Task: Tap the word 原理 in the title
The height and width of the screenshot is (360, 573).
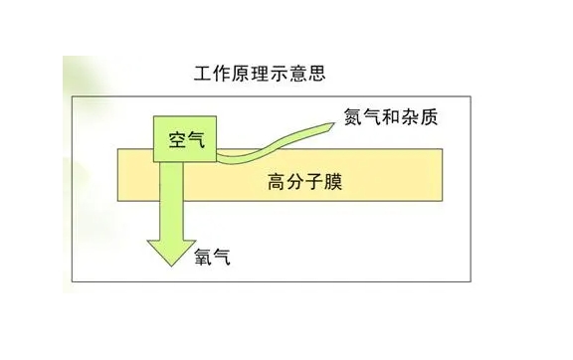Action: [x=249, y=74]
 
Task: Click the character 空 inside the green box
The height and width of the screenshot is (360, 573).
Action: [x=172, y=141]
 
